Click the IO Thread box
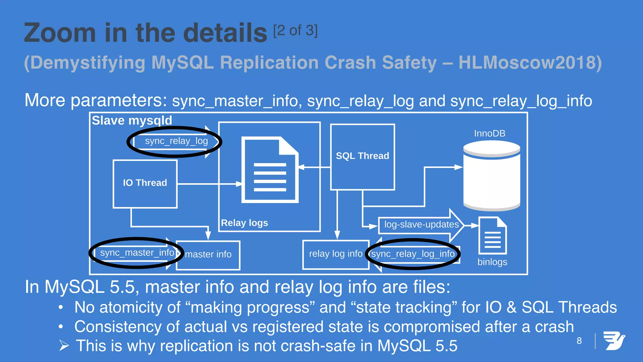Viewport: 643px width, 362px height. (x=145, y=184)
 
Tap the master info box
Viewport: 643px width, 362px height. (x=208, y=255)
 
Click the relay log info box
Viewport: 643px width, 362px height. (x=336, y=254)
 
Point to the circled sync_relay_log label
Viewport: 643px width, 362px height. (x=176, y=141)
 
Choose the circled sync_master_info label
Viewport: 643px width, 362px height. (x=137, y=253)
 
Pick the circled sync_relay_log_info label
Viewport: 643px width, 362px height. (x=413, y=254)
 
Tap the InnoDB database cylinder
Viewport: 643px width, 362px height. (x=492, y=176)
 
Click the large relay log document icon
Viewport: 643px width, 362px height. (x=270, y=170)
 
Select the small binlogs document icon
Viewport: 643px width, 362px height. (x=492, y=236)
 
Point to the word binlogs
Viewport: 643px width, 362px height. (x=492, y=262)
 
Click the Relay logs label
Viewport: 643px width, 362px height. (x=244, y=223)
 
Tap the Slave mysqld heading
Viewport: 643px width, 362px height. (x=132, y=121)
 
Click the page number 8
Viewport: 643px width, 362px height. (x=579, y=341)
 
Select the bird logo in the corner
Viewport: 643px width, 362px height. (x=614, y=341)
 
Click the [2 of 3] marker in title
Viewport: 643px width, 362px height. (x=295, y=31)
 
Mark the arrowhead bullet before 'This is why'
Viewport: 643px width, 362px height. (x=64, y=346)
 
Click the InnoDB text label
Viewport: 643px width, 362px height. (x=489, y=134)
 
